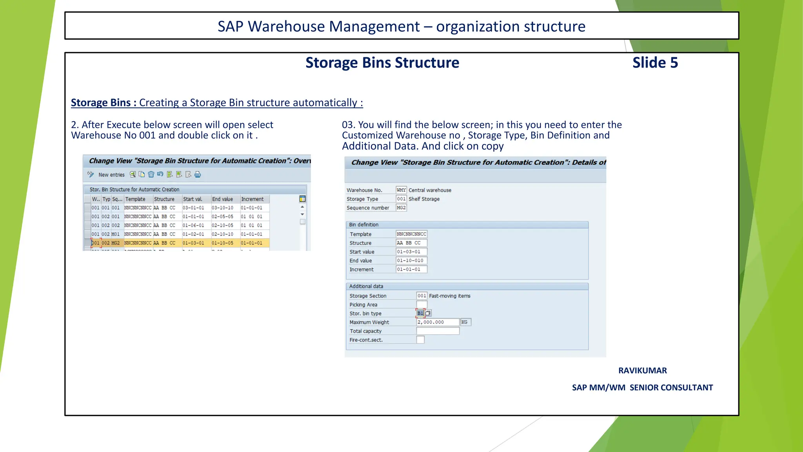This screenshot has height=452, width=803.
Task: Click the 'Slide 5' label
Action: [655, 63]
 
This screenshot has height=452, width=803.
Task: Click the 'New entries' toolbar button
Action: [111, 175]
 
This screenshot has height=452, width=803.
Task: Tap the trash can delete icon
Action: [151, 175]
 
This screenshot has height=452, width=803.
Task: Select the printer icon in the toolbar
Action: [198, 175]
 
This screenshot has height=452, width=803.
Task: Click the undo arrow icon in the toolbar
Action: [160, 174]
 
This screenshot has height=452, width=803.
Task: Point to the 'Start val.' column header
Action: [193, 199]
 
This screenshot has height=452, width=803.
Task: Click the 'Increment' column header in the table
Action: [253, 199]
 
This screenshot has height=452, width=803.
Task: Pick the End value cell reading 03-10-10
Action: [222, 208]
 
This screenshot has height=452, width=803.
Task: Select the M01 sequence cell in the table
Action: [116, 234]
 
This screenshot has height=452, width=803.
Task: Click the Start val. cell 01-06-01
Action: [193, 225]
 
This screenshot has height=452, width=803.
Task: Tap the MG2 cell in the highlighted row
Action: [116, 243]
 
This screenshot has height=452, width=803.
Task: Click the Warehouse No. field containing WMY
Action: [401, 190]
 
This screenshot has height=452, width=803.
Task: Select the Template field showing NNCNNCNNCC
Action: [411, 234]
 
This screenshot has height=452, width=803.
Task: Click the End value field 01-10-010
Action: [411, 261]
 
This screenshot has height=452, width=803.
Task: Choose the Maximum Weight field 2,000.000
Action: [437, 322]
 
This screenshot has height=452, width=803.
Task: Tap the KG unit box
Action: [465, 322]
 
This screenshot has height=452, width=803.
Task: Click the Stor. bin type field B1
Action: [420, 313]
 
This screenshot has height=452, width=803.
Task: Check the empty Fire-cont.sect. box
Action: [420, 340]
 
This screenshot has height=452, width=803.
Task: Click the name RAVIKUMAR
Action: [642, 370]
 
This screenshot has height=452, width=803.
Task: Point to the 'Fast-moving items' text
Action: [449, 296]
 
